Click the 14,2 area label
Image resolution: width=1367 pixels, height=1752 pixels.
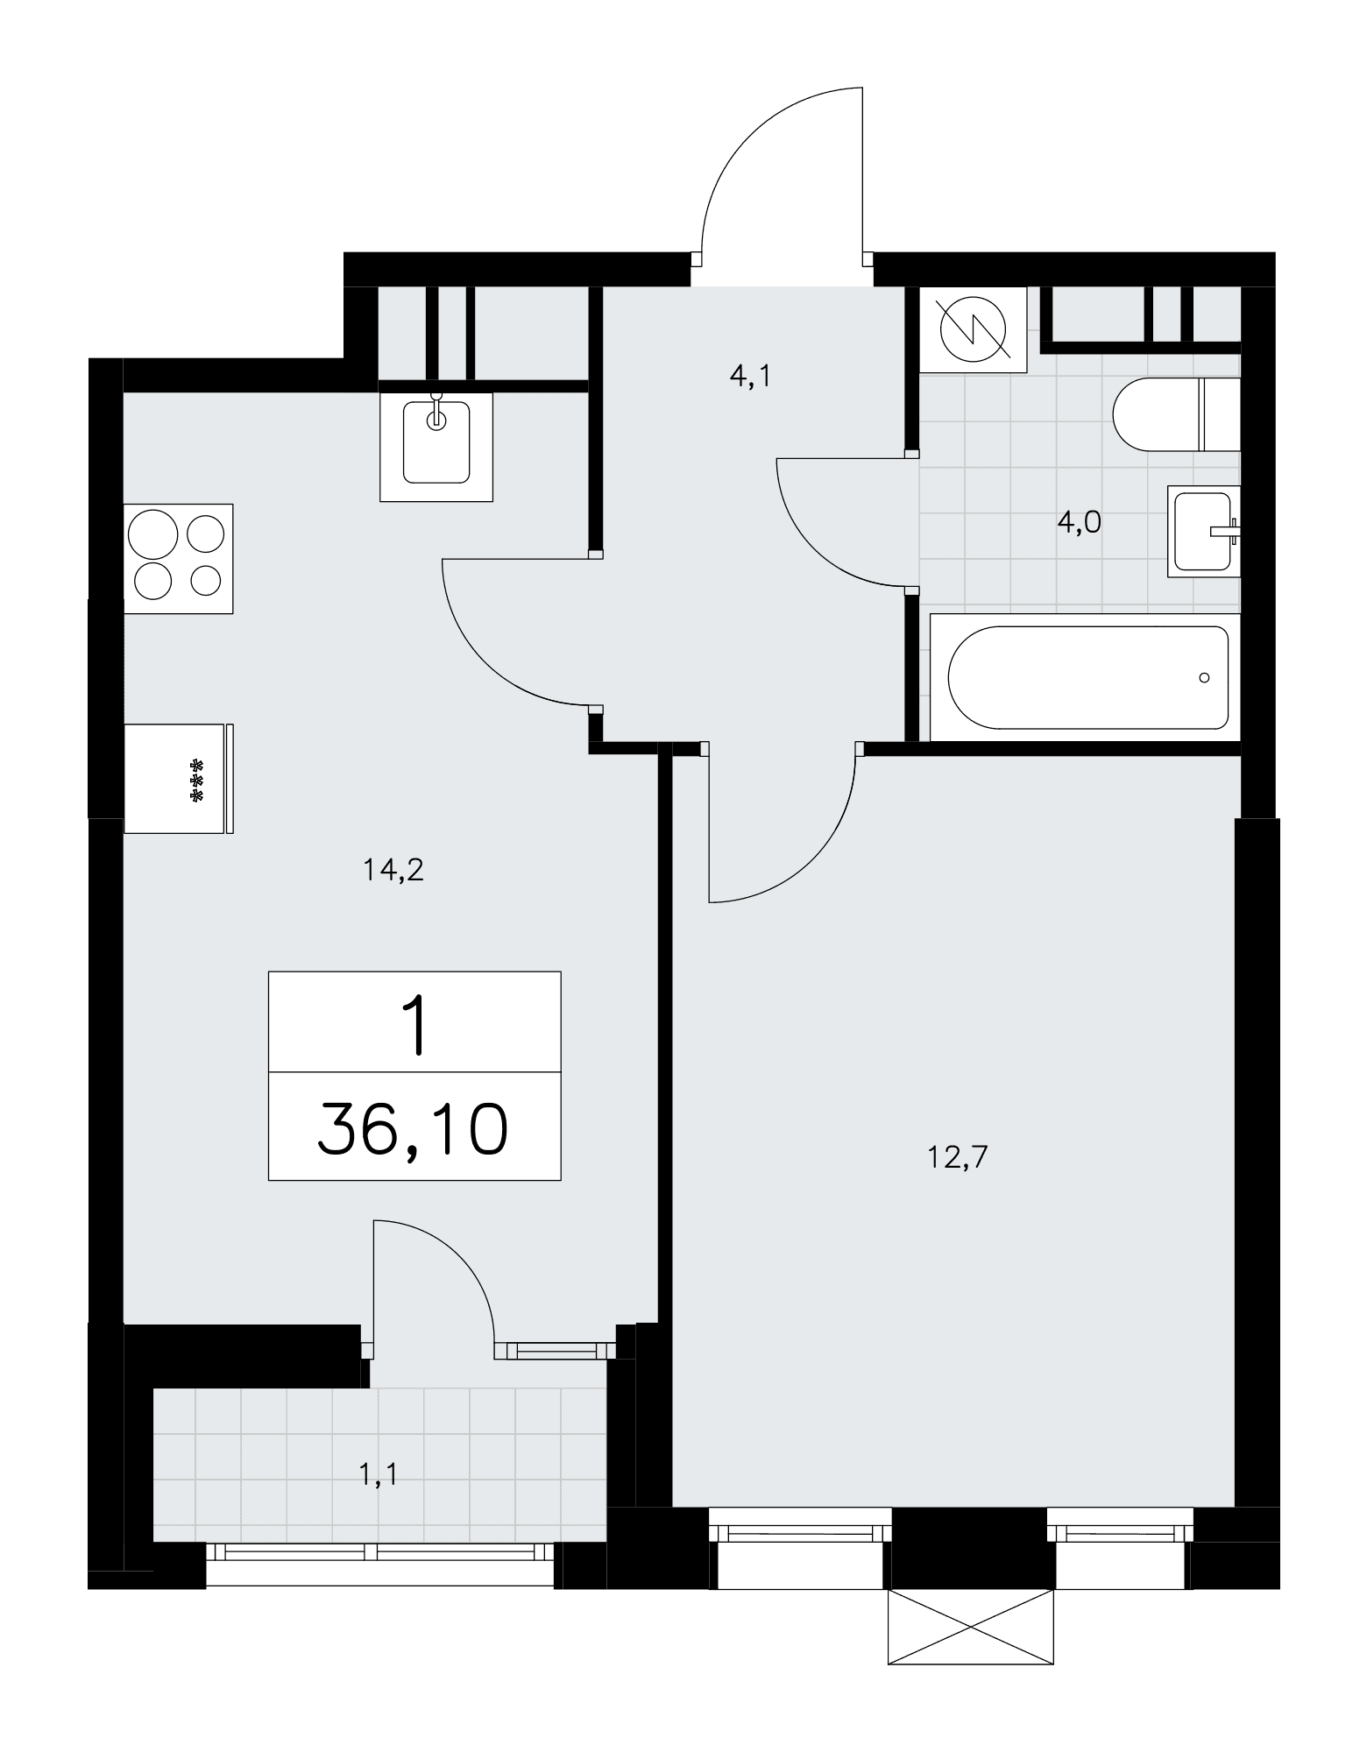pos(393,871)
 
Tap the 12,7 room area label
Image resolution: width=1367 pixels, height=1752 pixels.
pos(957,1158)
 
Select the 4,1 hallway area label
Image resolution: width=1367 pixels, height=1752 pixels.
pos(749,378)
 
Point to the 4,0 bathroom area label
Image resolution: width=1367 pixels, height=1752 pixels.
pos(1079,522)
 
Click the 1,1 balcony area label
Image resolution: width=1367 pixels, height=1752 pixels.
pos(379,1476)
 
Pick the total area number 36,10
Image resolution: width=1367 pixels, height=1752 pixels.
pos(413,1130)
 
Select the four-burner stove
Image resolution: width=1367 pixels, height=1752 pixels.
pos(179,558)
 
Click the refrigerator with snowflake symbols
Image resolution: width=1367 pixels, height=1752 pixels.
pos(179,778)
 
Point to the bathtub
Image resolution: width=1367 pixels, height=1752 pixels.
pos(1086,677)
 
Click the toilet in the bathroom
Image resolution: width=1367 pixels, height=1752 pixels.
pos(1177,414)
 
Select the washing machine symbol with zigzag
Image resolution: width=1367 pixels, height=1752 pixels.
pos(974,329)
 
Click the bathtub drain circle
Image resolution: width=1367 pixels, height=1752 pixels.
pos(1205,677)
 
